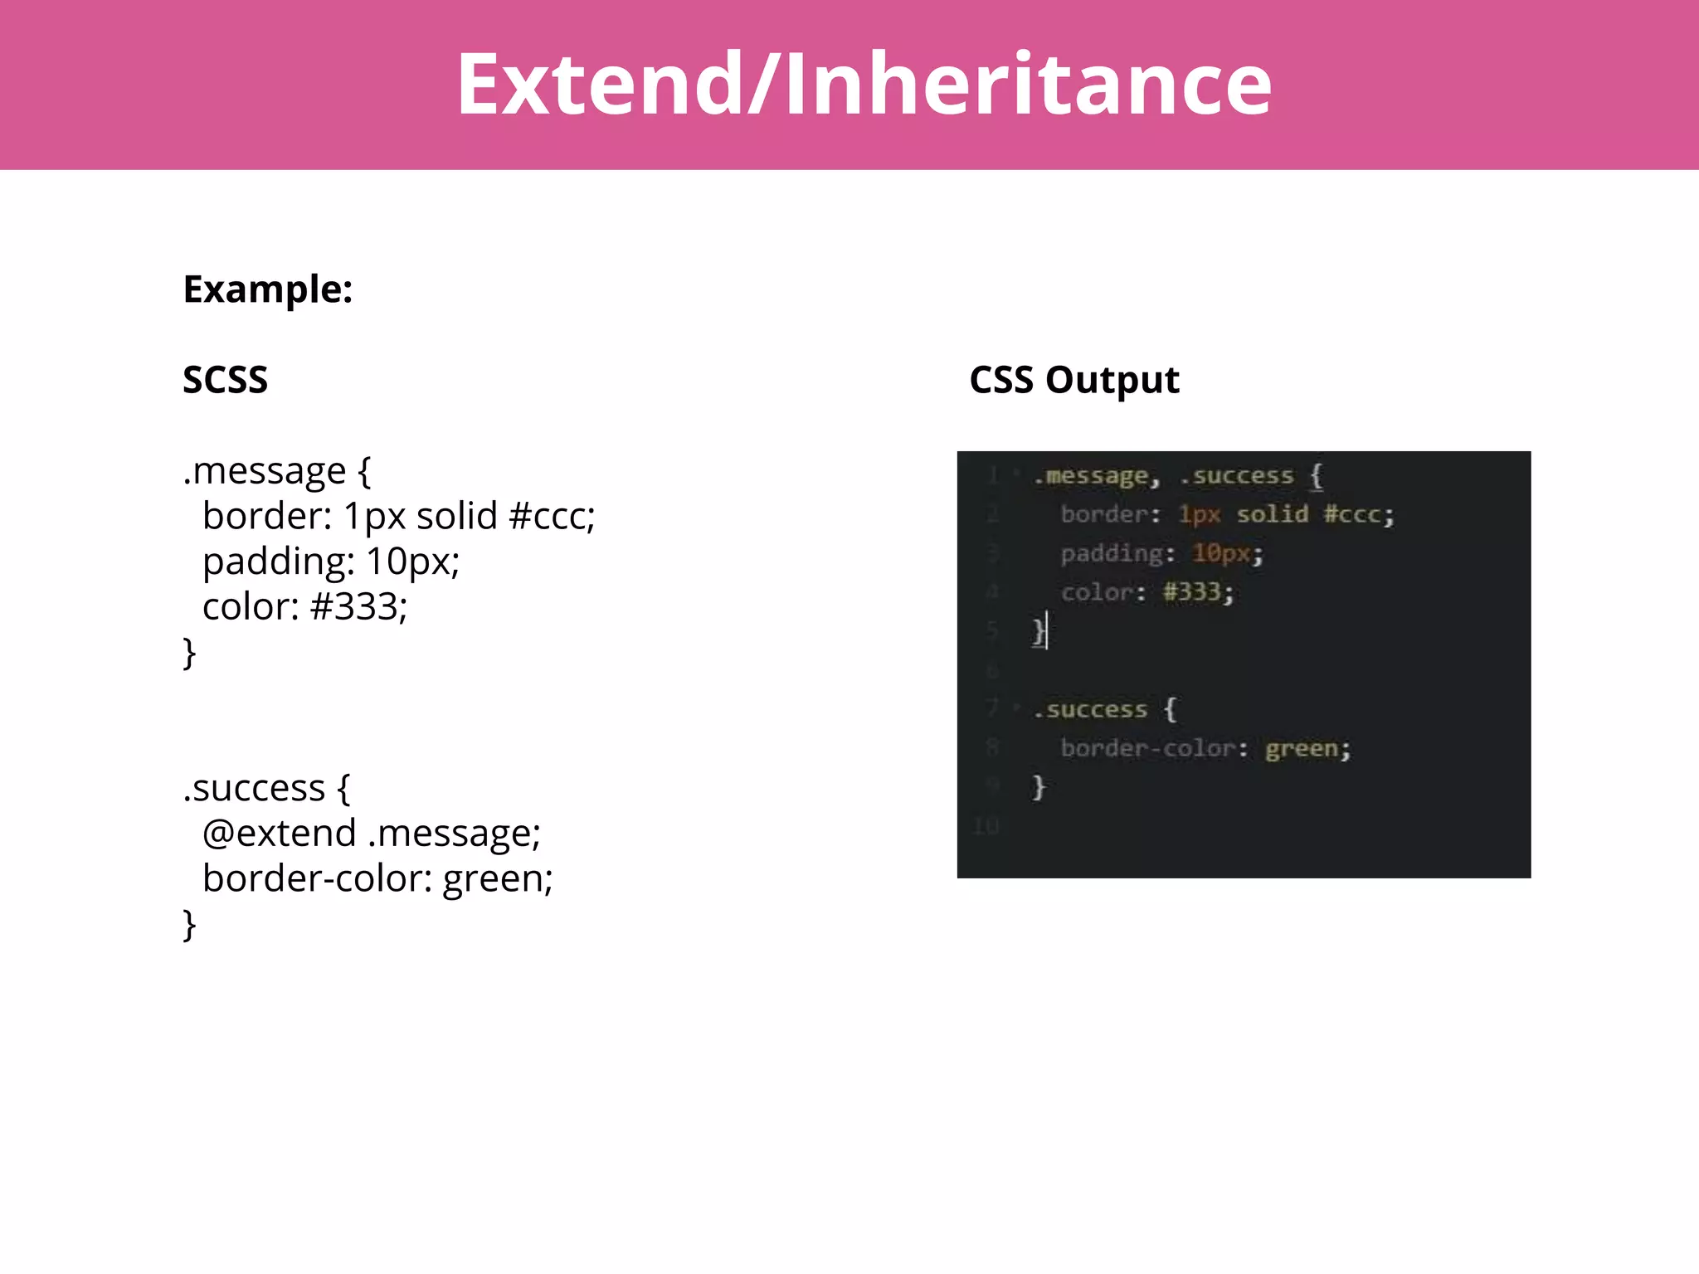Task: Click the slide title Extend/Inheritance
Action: [x=863, y=84]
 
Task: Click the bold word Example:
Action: [x=267, y=289]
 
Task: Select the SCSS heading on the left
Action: [x=225, y=380]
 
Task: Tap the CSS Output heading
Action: [x=1073, y=380]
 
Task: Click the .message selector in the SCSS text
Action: [x=264, y=471]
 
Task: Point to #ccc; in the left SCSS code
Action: [x=552, y=517]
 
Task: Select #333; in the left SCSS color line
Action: [x=358, y=607]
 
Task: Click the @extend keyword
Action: [x=279, y=833]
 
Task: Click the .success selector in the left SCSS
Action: [x=254, y=788]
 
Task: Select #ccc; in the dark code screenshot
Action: [x=1358, y=514]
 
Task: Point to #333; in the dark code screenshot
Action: [x=1197, y=592]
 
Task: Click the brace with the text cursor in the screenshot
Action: [x=1039, y=631]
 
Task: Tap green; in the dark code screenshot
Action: [x=1307, y=749]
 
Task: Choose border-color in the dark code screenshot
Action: [x=1148, y=749]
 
